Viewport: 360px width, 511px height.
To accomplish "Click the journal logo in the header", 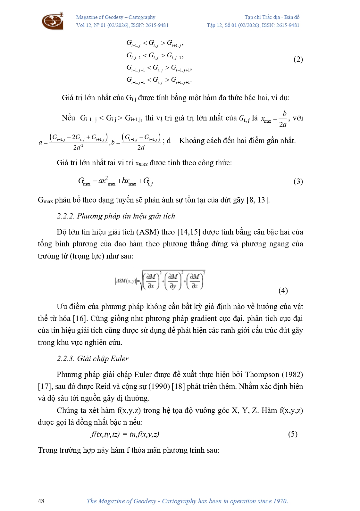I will (53, 21).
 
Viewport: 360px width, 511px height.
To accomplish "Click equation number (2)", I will (298, 60).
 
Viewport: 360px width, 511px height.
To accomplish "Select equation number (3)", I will (298, 182).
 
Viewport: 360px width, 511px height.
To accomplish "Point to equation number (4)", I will (283, 291).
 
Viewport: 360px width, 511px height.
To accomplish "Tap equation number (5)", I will (292, 434).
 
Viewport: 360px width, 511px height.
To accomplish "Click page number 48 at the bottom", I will (41, 501).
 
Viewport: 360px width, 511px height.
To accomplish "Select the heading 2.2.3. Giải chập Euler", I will (93, 359).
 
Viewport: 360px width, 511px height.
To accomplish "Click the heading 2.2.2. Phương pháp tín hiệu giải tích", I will (116, 216).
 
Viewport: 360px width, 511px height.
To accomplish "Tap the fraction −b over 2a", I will (282, 119).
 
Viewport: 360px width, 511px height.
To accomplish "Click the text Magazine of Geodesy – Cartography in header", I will (115, 17).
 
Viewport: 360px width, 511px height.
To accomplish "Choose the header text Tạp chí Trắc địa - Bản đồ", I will (272, 17).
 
